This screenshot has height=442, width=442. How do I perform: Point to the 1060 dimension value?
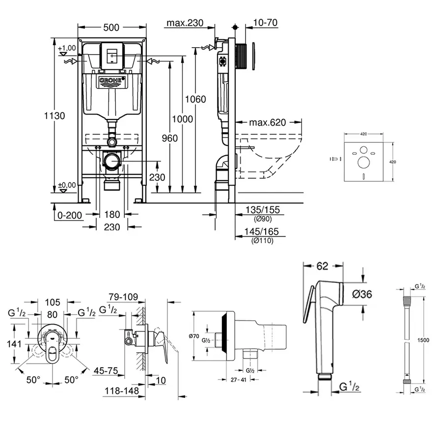click(195, 99)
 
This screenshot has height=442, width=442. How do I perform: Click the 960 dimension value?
click(169, 138)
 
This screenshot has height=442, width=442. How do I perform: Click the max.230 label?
click(185, 23)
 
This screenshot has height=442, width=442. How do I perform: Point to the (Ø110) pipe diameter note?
click(262, 241)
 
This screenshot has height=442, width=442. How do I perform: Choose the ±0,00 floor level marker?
click(67, 185)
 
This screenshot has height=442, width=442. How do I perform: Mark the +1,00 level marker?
click(67, 48)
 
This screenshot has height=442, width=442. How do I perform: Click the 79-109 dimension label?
click(123, 297)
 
